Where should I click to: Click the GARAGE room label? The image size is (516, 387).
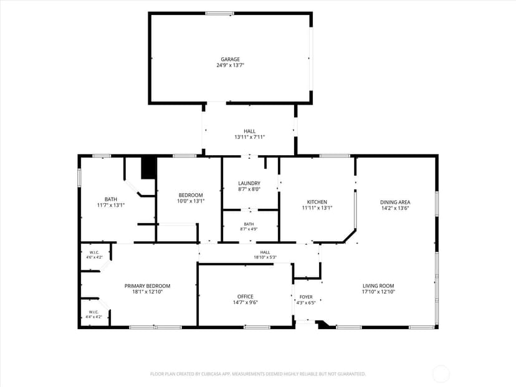230,59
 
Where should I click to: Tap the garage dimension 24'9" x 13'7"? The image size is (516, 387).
230,65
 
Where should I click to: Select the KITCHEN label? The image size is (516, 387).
317,202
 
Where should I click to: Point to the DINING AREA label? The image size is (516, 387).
395,202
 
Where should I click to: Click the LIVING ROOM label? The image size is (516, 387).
378,285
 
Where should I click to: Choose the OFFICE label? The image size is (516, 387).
245,296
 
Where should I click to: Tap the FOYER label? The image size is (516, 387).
306,297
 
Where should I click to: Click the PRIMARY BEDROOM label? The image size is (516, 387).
147,285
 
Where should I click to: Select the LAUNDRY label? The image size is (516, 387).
249,183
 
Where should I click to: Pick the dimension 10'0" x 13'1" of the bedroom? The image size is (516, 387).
191,201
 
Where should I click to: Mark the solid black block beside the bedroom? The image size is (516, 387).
148,168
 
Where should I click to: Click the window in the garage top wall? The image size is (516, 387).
220,14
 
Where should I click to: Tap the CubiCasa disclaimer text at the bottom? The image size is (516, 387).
258,374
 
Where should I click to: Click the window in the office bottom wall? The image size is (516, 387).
257,327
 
